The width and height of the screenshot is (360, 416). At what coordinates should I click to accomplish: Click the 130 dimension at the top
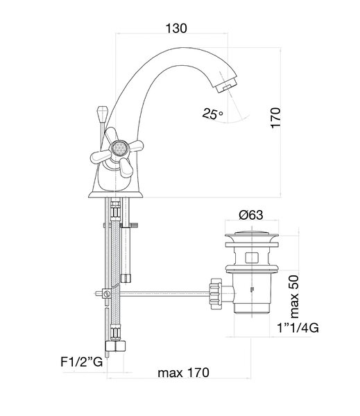pos(176,28)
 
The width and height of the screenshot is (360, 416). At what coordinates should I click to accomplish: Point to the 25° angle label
pos(212,114)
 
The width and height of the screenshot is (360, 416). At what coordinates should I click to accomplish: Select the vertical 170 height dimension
pos(275,118)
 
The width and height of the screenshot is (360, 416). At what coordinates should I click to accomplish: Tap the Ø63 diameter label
pos(251,215)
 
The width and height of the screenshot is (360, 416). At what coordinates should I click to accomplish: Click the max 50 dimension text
pos(294,297)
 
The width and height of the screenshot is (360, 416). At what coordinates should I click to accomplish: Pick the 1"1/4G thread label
pos(298,328)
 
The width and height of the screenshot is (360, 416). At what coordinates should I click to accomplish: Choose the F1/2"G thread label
pos(82,361)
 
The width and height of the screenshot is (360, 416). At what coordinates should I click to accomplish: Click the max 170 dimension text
pos(183,373)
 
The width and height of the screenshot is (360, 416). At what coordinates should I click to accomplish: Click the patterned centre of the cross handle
pos(119,148)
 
